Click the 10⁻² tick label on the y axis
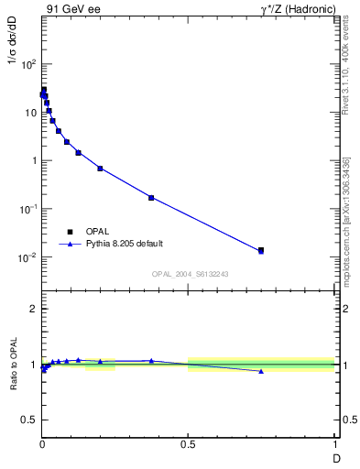(27, 257)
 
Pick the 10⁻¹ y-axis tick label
(27, 209)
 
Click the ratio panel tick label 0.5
(28, 419)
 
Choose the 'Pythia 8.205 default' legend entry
(119, 245)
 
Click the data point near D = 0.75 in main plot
(261, 250)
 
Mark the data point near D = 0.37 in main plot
(151, 198)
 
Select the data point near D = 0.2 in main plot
(100, 169)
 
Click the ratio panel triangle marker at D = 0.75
(261, 371)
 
